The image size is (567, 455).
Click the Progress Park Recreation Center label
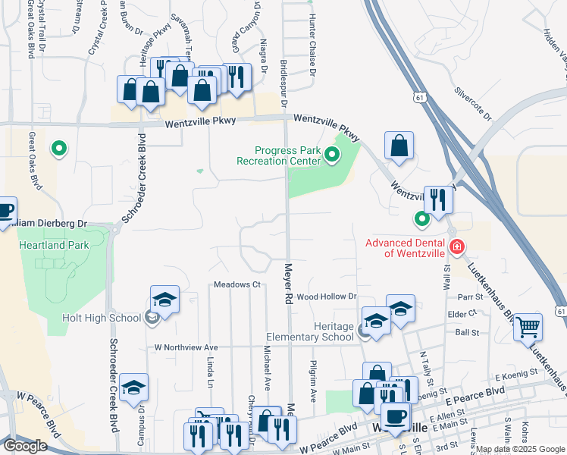pyautogui.click(x=278, y=155)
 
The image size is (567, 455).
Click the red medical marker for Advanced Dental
pyautogui.click(x=456, y=246)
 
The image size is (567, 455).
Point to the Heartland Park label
pyautogui.click(x=55, y=245)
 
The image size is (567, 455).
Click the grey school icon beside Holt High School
pyautogui.click(x=152, y=318)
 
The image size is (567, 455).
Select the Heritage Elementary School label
pyautogui.click(x=311, y=331)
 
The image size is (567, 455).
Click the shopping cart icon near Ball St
pyautogui.click(x=528, y=328)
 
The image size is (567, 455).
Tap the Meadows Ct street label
pyautogui.click(x=237, y=284)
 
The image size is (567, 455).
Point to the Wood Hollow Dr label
pyautogui.click(x=326, y=296)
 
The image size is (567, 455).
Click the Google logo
pyautogui.click(x=24, y=446)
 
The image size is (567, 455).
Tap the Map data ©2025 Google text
pyautogui.click(x=519, y=449)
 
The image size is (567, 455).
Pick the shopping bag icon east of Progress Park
pyautogui.click(x=399, y=146)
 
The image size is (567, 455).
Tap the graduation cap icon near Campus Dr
pyautogui.click(x=134, y=388)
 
